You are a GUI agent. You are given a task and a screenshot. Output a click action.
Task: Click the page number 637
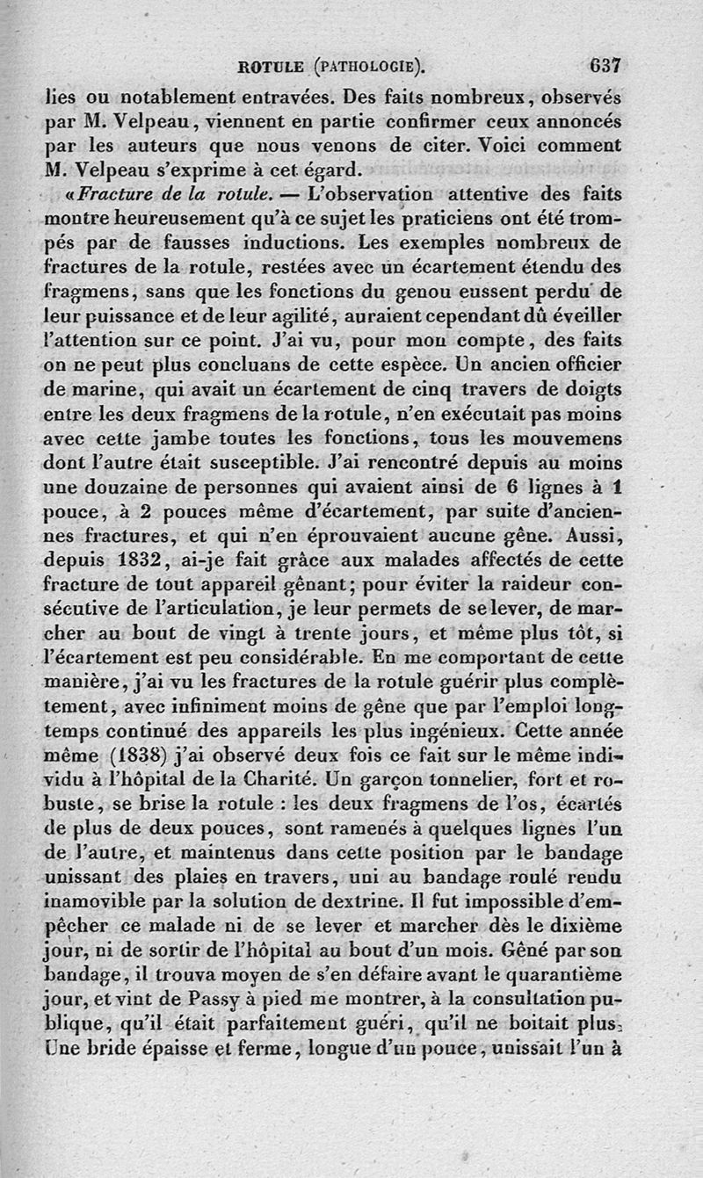pyautogui.click(x=605, y=65)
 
